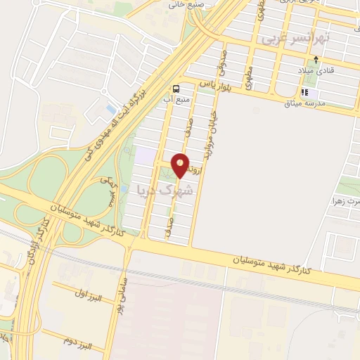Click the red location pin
(181, 165)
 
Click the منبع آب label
(175, 100)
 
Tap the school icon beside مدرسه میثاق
(304, 92)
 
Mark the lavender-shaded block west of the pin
(144, 154)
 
